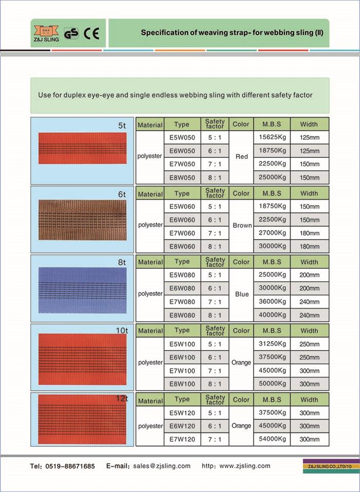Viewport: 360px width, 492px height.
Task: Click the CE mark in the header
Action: click(92, 33)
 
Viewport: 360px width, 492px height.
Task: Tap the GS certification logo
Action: click(71, 33)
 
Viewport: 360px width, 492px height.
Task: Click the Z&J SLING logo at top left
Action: click(45, 33)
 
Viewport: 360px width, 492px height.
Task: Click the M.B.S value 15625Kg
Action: click(272, 138)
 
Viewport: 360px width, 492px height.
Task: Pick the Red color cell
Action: click(241, 157)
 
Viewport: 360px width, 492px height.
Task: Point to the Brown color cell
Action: click(242, 225)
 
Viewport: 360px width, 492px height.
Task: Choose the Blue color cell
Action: click(242, 294)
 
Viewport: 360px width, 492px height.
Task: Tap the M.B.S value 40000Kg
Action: click(272, 315)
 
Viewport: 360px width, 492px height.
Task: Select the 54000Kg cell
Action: click(272, 439)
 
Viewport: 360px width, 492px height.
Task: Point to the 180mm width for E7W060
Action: click(309, 233)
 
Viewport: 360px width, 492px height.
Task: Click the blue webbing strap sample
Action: click(82, 290)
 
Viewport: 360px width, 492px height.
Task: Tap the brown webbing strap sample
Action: click(82, 220)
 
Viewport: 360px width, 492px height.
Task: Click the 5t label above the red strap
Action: click(122, 125)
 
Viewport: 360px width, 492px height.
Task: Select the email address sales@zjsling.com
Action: click(161, 466)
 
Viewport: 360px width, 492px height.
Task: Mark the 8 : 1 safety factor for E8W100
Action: click(214, 384)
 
